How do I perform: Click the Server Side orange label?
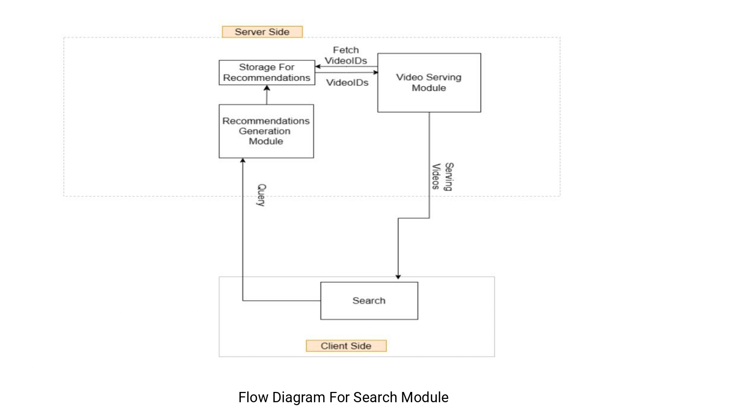click(x=262, y=32)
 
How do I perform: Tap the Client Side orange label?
click(x=346, y=346)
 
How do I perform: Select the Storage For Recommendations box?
click(x=267, y=73)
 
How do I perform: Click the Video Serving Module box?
click(x=429, y=82)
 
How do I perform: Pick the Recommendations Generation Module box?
click(x=266, y=131)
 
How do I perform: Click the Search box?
click(x=369, y=301)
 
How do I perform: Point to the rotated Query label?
click(x=261, y=195)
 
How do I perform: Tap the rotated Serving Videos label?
click(x=442, y=177)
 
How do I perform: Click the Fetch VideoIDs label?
click(x=346, y=55)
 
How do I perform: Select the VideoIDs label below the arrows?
click(x=347, y=82)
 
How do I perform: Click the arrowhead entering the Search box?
click(x=398, y=277)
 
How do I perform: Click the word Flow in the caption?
click(x=253, y=397)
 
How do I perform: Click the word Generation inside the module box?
click(x=264, y=131)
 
